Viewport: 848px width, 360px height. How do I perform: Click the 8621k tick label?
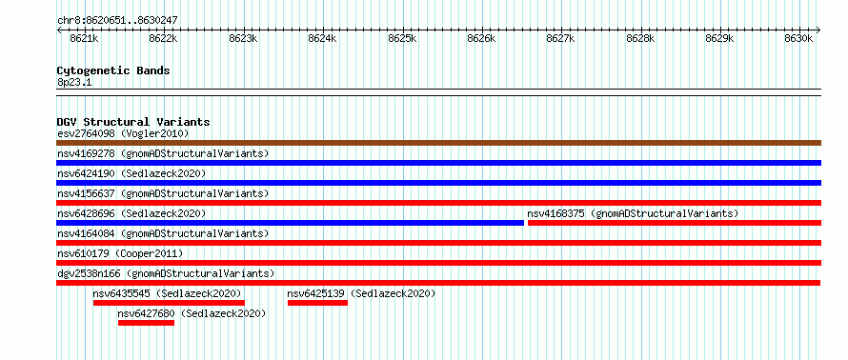tap(85, 38)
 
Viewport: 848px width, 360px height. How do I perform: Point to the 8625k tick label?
tap(402, 38)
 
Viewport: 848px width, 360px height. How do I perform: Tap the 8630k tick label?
tap(798, 38)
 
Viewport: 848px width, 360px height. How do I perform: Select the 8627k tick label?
tap(561, 38)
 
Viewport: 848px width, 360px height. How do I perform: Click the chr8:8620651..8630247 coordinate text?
tap(117, 21)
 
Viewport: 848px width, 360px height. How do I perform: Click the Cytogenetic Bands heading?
tap(113, 70)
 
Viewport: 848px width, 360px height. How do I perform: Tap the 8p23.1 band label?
tap(74, 82)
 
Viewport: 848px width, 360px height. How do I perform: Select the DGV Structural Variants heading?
tap(133, 122)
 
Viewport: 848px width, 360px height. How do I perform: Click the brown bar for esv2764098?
tap(438, 143)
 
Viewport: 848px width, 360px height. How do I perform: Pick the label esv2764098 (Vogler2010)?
tap(123, 133)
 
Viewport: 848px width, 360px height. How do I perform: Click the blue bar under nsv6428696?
tap(291, 223)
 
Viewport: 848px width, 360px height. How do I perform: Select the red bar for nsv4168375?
tap(675, 223)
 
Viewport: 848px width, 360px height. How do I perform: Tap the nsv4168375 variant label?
tap(555, 213)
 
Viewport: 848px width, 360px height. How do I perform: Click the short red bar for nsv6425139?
tap(317, 303)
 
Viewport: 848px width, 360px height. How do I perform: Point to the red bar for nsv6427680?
tap(146, 323)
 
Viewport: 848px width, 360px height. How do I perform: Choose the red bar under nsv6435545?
tap(169, 303)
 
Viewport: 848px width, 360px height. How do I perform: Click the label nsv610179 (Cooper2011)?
tap(120, 253)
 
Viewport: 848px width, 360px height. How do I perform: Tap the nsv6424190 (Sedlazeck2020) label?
tap(131, 173)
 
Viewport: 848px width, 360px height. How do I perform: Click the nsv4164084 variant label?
tap(86, 233)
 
